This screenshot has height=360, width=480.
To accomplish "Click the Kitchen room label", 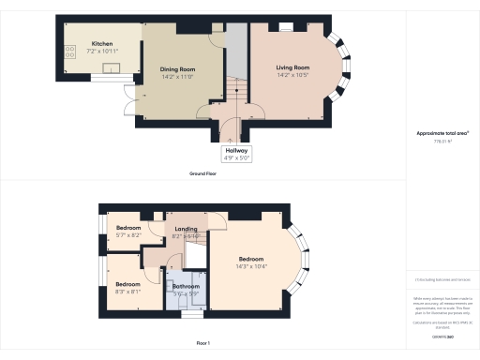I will click(x=103, y=42).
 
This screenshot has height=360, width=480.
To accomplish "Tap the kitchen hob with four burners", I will click(x=68, y=53).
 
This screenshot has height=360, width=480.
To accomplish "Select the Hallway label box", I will click(x=234, y=155).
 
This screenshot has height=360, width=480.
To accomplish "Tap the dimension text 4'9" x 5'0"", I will click(x=234, y=159).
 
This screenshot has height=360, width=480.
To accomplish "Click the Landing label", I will click(x=186, y=229).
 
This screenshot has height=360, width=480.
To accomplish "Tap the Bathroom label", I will click(x=186, y=286).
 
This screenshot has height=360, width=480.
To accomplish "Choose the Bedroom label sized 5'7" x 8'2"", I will click(x=127, y=228).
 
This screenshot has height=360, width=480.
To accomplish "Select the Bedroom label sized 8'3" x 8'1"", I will click(x=127, y=284).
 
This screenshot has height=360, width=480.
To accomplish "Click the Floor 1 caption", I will click(x=202, y=343).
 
